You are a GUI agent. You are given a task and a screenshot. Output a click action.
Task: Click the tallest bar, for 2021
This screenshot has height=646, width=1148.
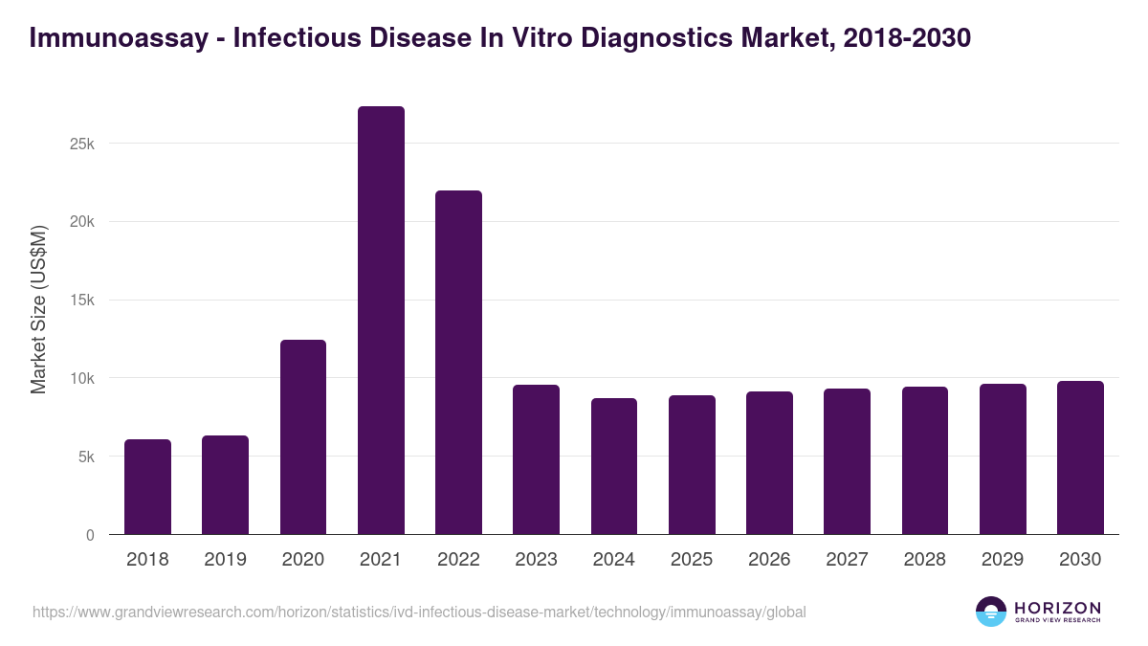(x=381, y=321)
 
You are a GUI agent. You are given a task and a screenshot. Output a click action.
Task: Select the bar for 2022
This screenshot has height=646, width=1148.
(x=458, y=363)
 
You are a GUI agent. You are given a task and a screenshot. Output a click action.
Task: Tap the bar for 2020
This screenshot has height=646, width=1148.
(x=303, y=437)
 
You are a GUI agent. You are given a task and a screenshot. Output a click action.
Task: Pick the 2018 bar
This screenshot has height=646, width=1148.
(x=147, y=487)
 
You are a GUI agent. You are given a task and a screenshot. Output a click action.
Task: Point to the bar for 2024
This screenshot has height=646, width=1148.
(x=614, y=467)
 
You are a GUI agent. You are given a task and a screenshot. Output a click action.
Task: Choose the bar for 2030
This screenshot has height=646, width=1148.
(x=1080, y=457)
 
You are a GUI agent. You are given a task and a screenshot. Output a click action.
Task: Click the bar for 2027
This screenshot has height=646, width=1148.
(x=847, y=461)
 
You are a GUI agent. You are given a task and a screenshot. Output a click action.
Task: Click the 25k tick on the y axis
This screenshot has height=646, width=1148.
(x=80, y=144)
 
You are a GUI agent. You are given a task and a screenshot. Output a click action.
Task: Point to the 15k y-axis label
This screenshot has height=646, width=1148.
(x=80, y=301)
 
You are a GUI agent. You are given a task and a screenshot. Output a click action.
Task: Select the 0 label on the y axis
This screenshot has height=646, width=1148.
(x=90, y=535)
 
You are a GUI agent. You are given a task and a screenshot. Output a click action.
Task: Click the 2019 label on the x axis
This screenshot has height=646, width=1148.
(x=225, y=560)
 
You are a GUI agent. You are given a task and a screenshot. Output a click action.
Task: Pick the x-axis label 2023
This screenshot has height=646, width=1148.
(x=536, y=560)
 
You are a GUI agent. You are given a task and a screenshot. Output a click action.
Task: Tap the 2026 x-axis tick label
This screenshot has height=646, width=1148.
(x=769, y=560)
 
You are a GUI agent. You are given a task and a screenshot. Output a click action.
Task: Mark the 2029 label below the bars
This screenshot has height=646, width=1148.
(x=1003, y=560)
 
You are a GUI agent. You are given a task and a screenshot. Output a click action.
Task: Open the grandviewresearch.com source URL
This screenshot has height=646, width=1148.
(x=419, y=612)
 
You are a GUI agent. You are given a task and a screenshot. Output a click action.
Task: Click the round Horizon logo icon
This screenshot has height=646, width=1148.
(x=991, y=612)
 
